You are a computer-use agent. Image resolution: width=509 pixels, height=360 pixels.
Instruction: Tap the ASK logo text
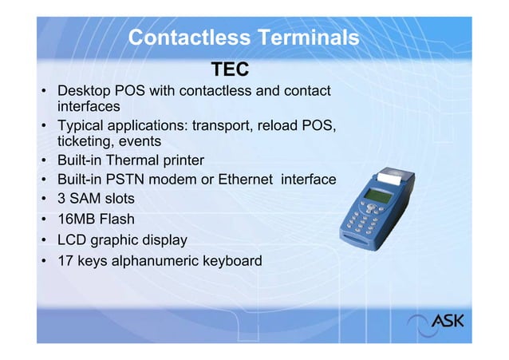coord(448,322)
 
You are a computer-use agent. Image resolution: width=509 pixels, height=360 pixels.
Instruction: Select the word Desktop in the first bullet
coord(85,91)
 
